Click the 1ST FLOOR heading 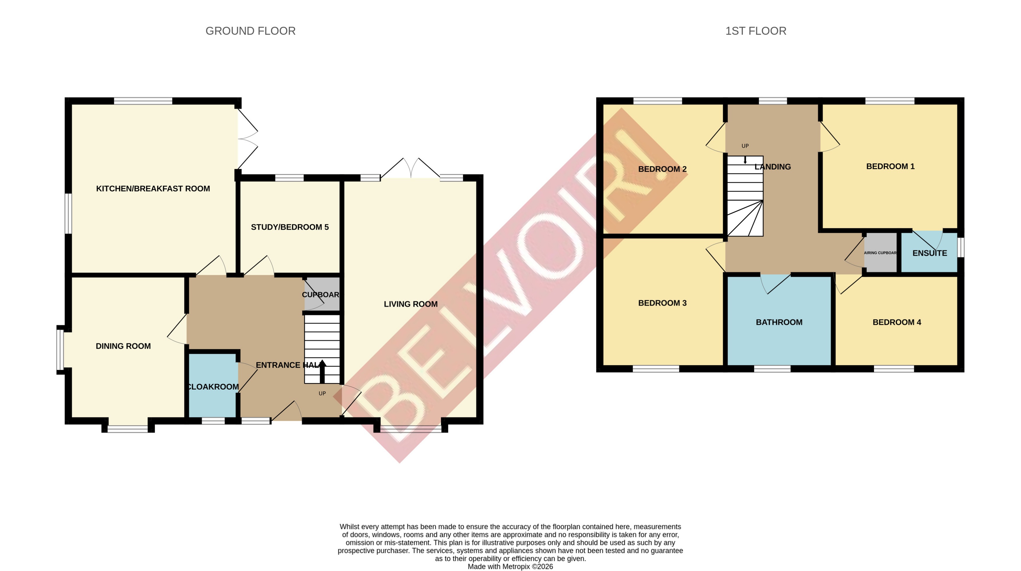point(756,31)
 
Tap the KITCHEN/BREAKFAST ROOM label point(153,189)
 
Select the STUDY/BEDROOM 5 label point(290,227)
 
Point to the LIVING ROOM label point(411,304)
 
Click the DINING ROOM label point(123,346)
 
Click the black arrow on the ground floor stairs point(322,371)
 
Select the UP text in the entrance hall point(322,393)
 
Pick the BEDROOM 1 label point(890,166)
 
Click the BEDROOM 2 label point(662,169)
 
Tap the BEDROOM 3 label point(662,303)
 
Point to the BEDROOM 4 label point(896,322)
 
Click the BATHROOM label point(779,322)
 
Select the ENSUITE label point(929,253)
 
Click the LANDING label point(772,167)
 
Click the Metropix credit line point(510,567)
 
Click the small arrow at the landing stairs point(745,160)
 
